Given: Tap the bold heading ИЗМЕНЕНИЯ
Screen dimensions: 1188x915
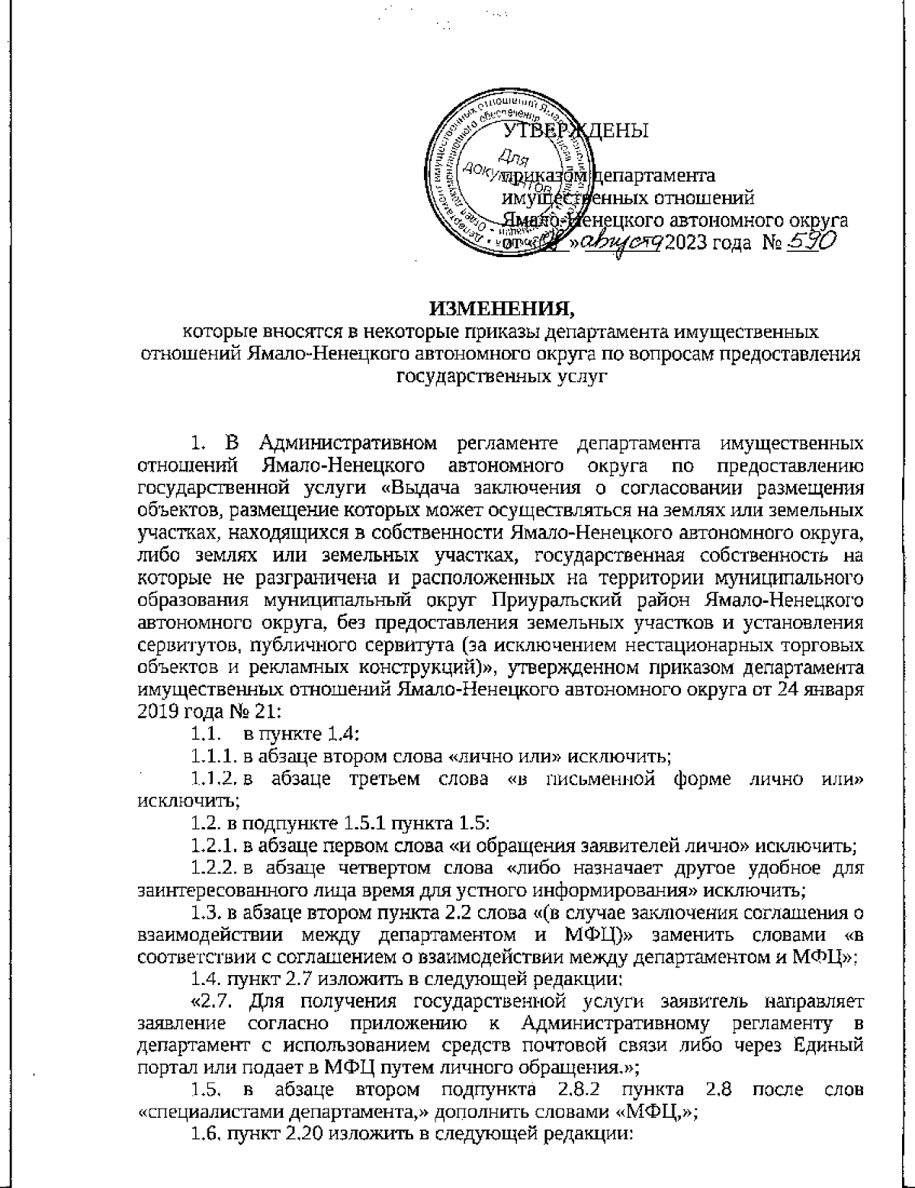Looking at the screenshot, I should [x=499, y=309].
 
